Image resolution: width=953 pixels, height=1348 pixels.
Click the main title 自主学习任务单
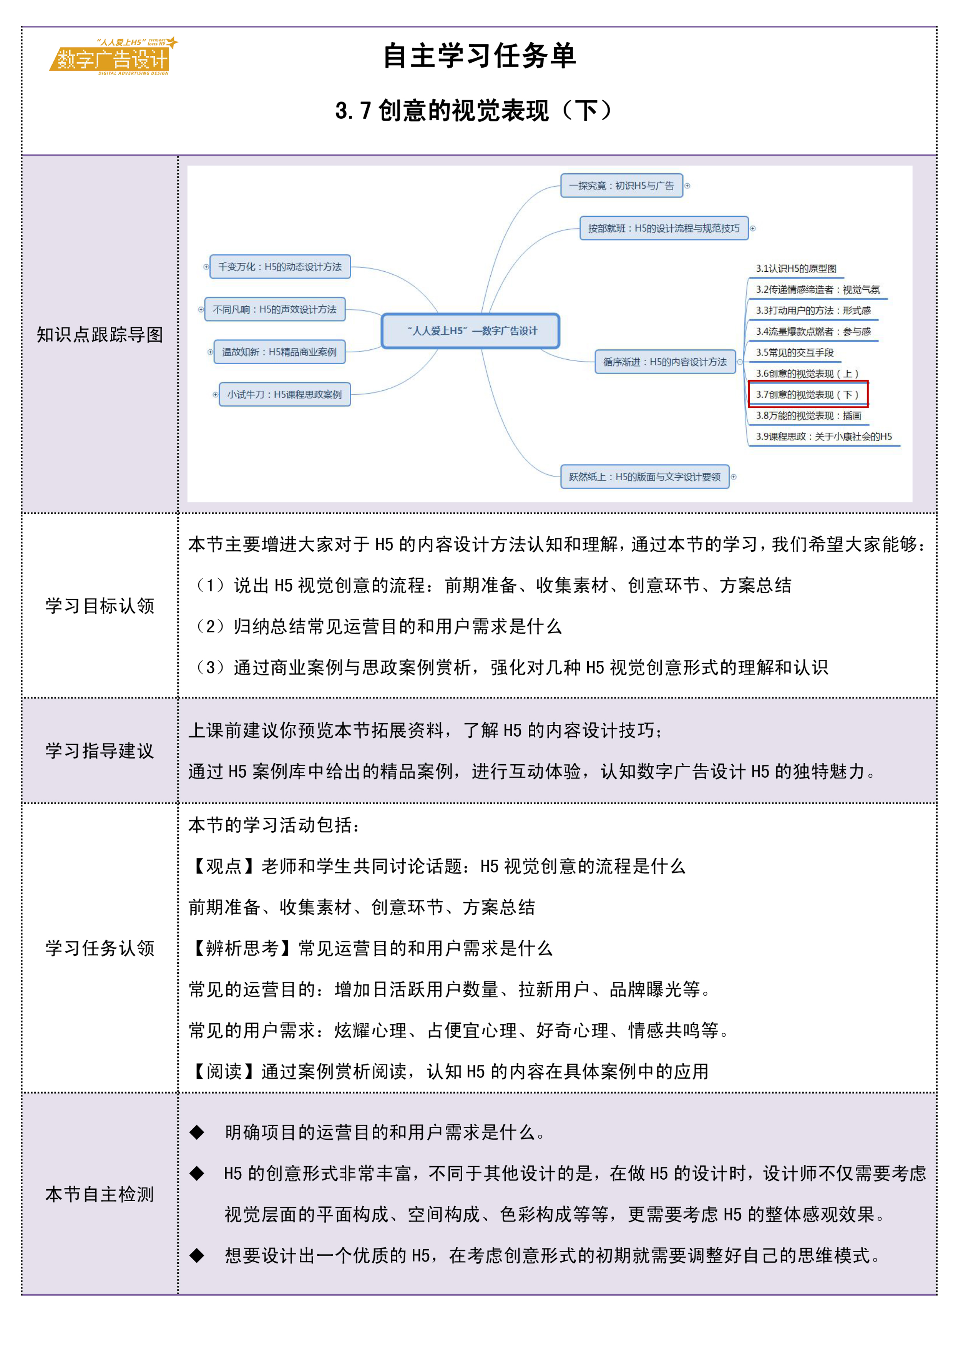point(479,56)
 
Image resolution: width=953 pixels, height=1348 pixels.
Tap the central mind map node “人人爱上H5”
point(470,331)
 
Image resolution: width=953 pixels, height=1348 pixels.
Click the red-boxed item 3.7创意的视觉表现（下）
point(807,395)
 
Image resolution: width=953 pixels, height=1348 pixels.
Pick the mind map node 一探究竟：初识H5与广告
point(621,186)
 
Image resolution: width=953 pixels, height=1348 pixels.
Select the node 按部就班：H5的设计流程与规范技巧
point(664,228)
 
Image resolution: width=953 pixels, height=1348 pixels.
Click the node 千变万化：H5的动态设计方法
point(280,267)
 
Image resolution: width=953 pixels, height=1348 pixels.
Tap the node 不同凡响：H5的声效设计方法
point(274,309)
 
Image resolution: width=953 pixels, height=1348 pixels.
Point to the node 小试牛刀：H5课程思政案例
point(284,395)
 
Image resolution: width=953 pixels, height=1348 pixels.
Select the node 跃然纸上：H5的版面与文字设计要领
point(644,477)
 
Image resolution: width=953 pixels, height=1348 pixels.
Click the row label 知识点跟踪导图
point(100,335)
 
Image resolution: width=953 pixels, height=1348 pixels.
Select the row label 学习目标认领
point(100,606)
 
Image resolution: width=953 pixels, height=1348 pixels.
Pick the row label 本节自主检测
point(100,1194)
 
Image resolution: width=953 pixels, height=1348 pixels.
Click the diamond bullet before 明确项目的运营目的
point(197,1132)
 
